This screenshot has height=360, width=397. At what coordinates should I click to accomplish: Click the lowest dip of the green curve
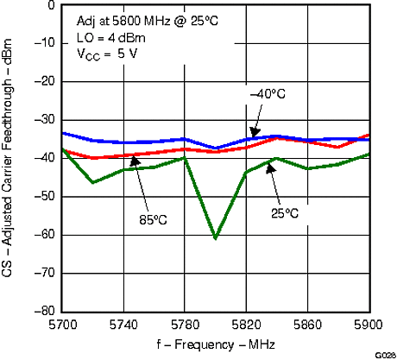tap(215, 237)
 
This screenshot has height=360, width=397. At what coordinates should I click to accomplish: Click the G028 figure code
tap(386, 355)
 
